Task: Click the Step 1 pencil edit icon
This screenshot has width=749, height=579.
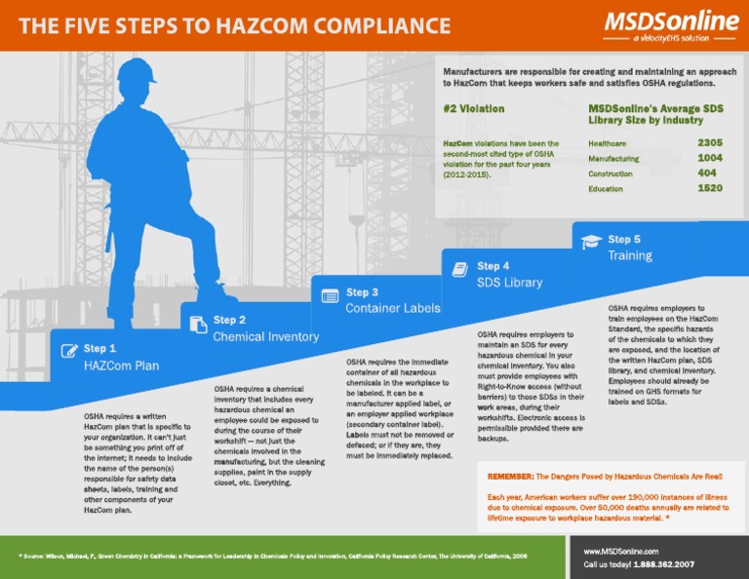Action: (68, 351)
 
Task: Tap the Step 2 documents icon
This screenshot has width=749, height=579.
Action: (198, 324)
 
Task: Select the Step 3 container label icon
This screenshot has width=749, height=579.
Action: (330, 294)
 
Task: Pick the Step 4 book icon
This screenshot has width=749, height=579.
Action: (460, 268)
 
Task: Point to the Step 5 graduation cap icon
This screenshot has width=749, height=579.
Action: (591, 241)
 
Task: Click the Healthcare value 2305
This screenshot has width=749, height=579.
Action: (709, 142)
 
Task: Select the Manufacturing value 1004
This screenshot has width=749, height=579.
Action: (709, 157)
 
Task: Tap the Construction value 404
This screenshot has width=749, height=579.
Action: (707, 173)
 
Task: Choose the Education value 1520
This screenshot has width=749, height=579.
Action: (709, 187)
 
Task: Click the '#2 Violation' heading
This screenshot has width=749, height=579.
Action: (474, 109)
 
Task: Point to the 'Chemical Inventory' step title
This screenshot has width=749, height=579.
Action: (265, 337)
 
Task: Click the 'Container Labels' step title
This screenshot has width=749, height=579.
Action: (392, 308)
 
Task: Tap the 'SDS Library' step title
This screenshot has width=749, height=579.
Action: (509, 283)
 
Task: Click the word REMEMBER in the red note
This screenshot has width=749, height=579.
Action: (509, 477)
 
